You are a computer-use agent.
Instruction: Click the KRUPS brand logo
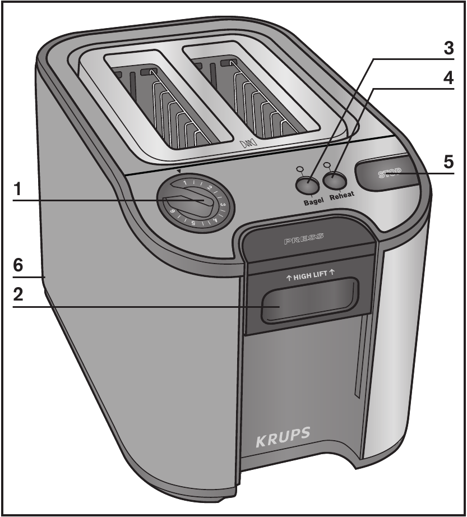tap(283, 437)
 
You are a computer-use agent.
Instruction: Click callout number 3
tap(447, 48)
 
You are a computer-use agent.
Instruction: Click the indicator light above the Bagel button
tap(300, 168)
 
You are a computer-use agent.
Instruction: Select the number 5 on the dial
tap(193, 223)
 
